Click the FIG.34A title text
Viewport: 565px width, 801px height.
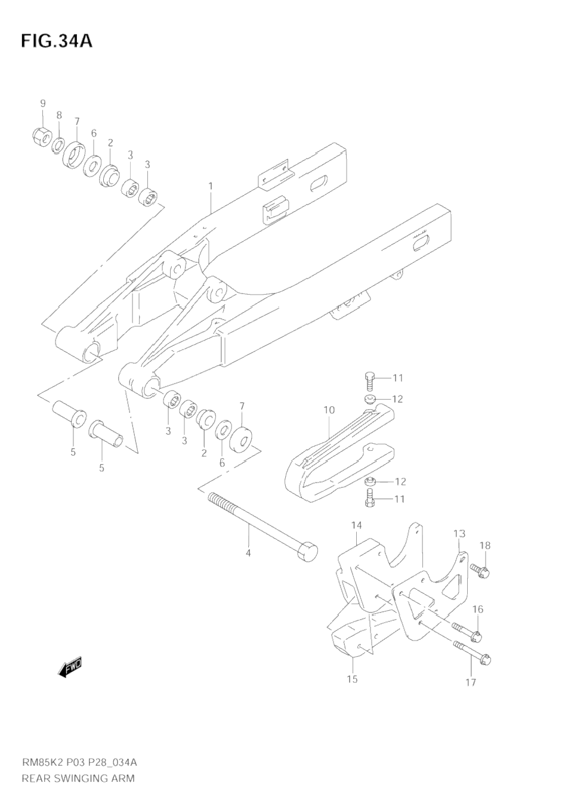[x=57, y=41]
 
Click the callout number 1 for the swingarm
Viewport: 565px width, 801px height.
[x=211, y=186]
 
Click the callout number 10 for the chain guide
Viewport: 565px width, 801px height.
[x=329, y=410]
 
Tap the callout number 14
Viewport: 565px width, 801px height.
[x=356, y=525]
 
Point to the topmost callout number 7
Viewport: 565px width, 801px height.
[x=77, y=122]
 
